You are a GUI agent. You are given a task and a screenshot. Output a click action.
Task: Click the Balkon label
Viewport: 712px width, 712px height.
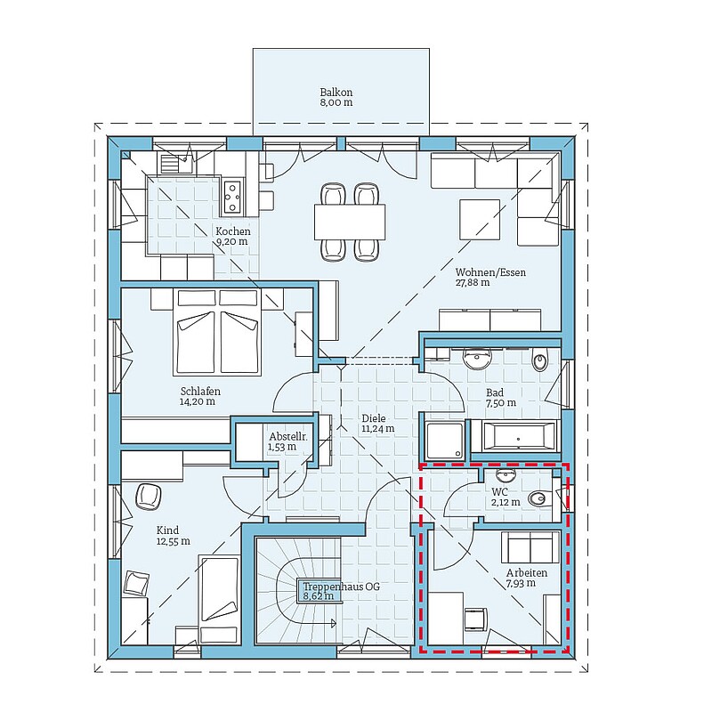336,93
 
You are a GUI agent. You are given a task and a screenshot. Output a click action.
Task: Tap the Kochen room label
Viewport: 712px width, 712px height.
233,231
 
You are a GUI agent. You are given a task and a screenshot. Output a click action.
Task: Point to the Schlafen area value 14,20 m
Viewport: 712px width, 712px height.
198,401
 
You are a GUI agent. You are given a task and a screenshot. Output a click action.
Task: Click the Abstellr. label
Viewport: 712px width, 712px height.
288,437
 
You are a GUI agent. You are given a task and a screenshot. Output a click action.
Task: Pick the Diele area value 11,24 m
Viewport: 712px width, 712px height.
377,428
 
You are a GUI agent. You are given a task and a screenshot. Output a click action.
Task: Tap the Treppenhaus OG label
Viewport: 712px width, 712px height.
342,587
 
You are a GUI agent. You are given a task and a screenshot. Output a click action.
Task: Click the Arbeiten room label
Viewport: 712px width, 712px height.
527,573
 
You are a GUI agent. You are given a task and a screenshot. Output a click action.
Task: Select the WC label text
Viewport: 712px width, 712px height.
499,492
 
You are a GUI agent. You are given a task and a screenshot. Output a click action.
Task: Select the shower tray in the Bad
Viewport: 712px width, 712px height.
445,439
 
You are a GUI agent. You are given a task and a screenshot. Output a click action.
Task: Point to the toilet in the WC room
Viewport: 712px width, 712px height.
539,499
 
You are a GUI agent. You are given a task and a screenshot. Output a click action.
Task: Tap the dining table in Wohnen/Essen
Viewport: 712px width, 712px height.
350,222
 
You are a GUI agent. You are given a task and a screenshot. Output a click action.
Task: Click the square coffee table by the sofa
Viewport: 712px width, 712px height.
480,220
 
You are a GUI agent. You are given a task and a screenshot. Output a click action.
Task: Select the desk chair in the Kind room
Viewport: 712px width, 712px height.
148,497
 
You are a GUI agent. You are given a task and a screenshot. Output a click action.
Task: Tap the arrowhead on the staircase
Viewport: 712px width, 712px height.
334,623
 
